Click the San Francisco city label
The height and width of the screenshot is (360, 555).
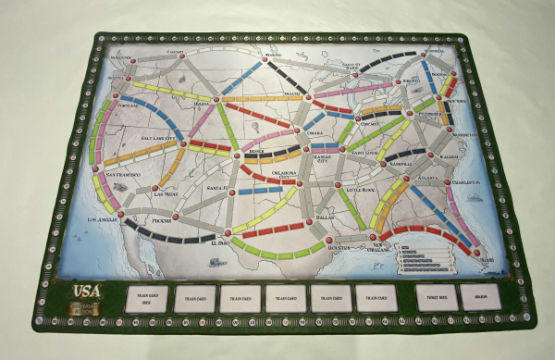click(x=123, y=173)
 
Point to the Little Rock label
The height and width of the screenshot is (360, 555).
click(x=363, y=190)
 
